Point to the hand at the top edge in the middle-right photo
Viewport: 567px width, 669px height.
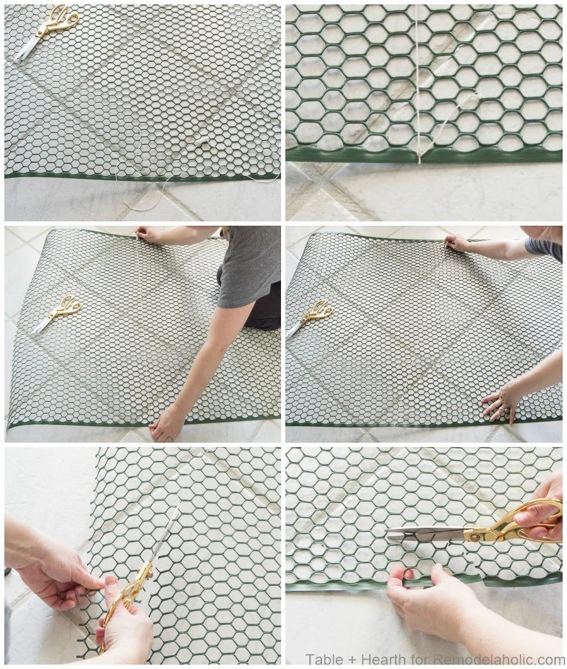(x=456, y=243)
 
